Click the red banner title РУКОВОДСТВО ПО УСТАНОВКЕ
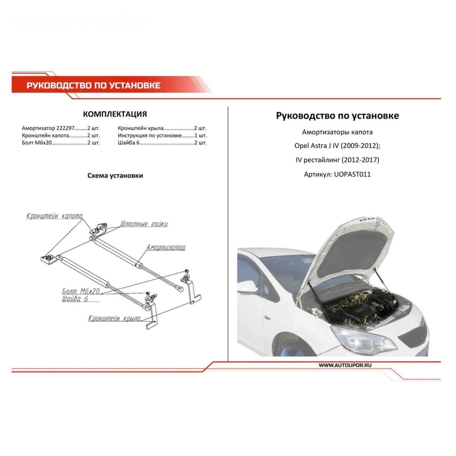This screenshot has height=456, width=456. click(x=93, y=85)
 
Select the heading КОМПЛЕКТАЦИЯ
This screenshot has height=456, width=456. click(x=115, y=114)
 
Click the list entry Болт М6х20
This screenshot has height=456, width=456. click(x=37, y=143)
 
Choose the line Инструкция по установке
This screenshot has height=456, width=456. click(x=150, y=136)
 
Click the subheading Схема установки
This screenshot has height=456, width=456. click(x=115, y=176)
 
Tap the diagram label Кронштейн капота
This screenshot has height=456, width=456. click(x=54, y=216)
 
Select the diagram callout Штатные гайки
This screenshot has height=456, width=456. click(x=144, y=224)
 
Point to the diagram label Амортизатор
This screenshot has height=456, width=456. click(x=166, y=247)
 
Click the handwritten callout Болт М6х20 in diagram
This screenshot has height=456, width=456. click(x=81, y=291)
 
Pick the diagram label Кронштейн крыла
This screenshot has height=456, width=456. click(x=114, y=318)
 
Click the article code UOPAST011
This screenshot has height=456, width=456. click(x=352, y=174)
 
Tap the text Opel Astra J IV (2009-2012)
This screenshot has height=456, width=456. click(x=337, y=146)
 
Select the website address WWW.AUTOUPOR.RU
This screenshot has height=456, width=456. click(x=345, y=365)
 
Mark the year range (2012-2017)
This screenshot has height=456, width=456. click(x=360, y=160)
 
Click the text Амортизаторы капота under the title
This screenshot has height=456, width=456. click(x=337, y=132)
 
